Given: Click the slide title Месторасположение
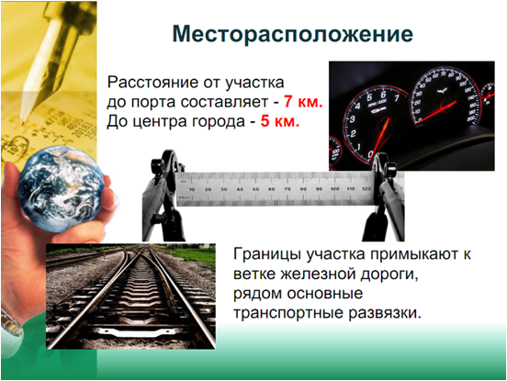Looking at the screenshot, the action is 293,34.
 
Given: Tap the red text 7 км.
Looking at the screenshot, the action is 303,102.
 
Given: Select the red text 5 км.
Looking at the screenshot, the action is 280,121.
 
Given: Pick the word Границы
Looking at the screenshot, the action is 267,255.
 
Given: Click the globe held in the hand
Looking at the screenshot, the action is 61,189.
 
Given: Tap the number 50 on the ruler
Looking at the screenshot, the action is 255,189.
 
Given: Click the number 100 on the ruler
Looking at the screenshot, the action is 334,189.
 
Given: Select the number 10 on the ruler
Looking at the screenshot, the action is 192,189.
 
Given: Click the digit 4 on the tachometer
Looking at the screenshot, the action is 357,106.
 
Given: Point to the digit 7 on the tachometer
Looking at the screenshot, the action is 397,97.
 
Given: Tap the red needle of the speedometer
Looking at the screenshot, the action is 436,111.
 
